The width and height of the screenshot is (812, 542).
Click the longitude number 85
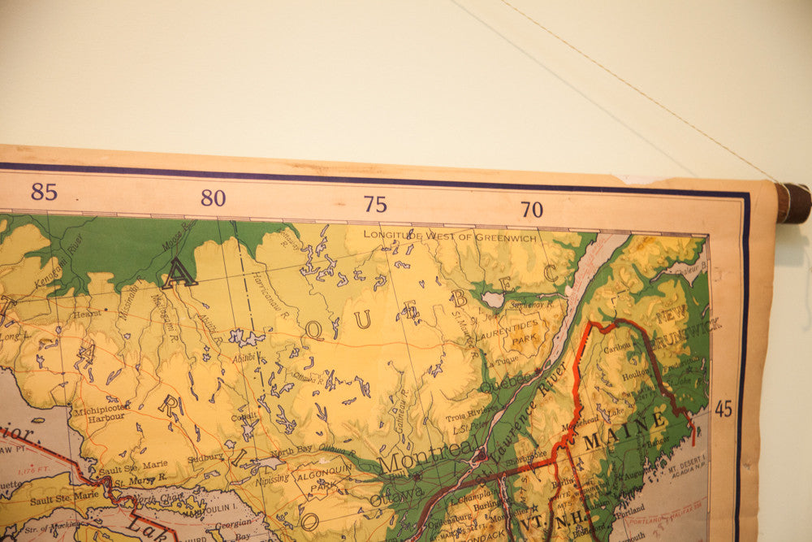[x=44, y=192]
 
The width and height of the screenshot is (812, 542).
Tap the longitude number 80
[x=213, y=197]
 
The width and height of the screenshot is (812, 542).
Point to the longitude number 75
[x=375, y=204]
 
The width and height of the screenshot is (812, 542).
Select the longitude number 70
[x=531, y=210]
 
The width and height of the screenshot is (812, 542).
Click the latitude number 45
[x=723, y=409]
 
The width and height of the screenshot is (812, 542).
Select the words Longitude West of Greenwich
[x=450, y=236]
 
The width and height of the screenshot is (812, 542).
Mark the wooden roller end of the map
[x=792, y=203]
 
